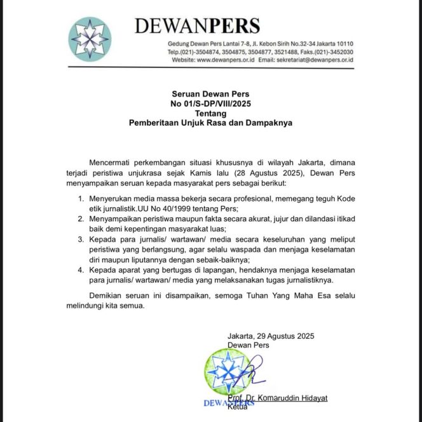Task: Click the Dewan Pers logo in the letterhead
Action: [x=89, y=37]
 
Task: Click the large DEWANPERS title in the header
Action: [x=197, y=26]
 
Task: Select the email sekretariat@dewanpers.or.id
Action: [x=314, y=60]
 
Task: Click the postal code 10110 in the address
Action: [x=342, y=43]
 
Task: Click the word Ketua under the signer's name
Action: [x=238, y=407]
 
